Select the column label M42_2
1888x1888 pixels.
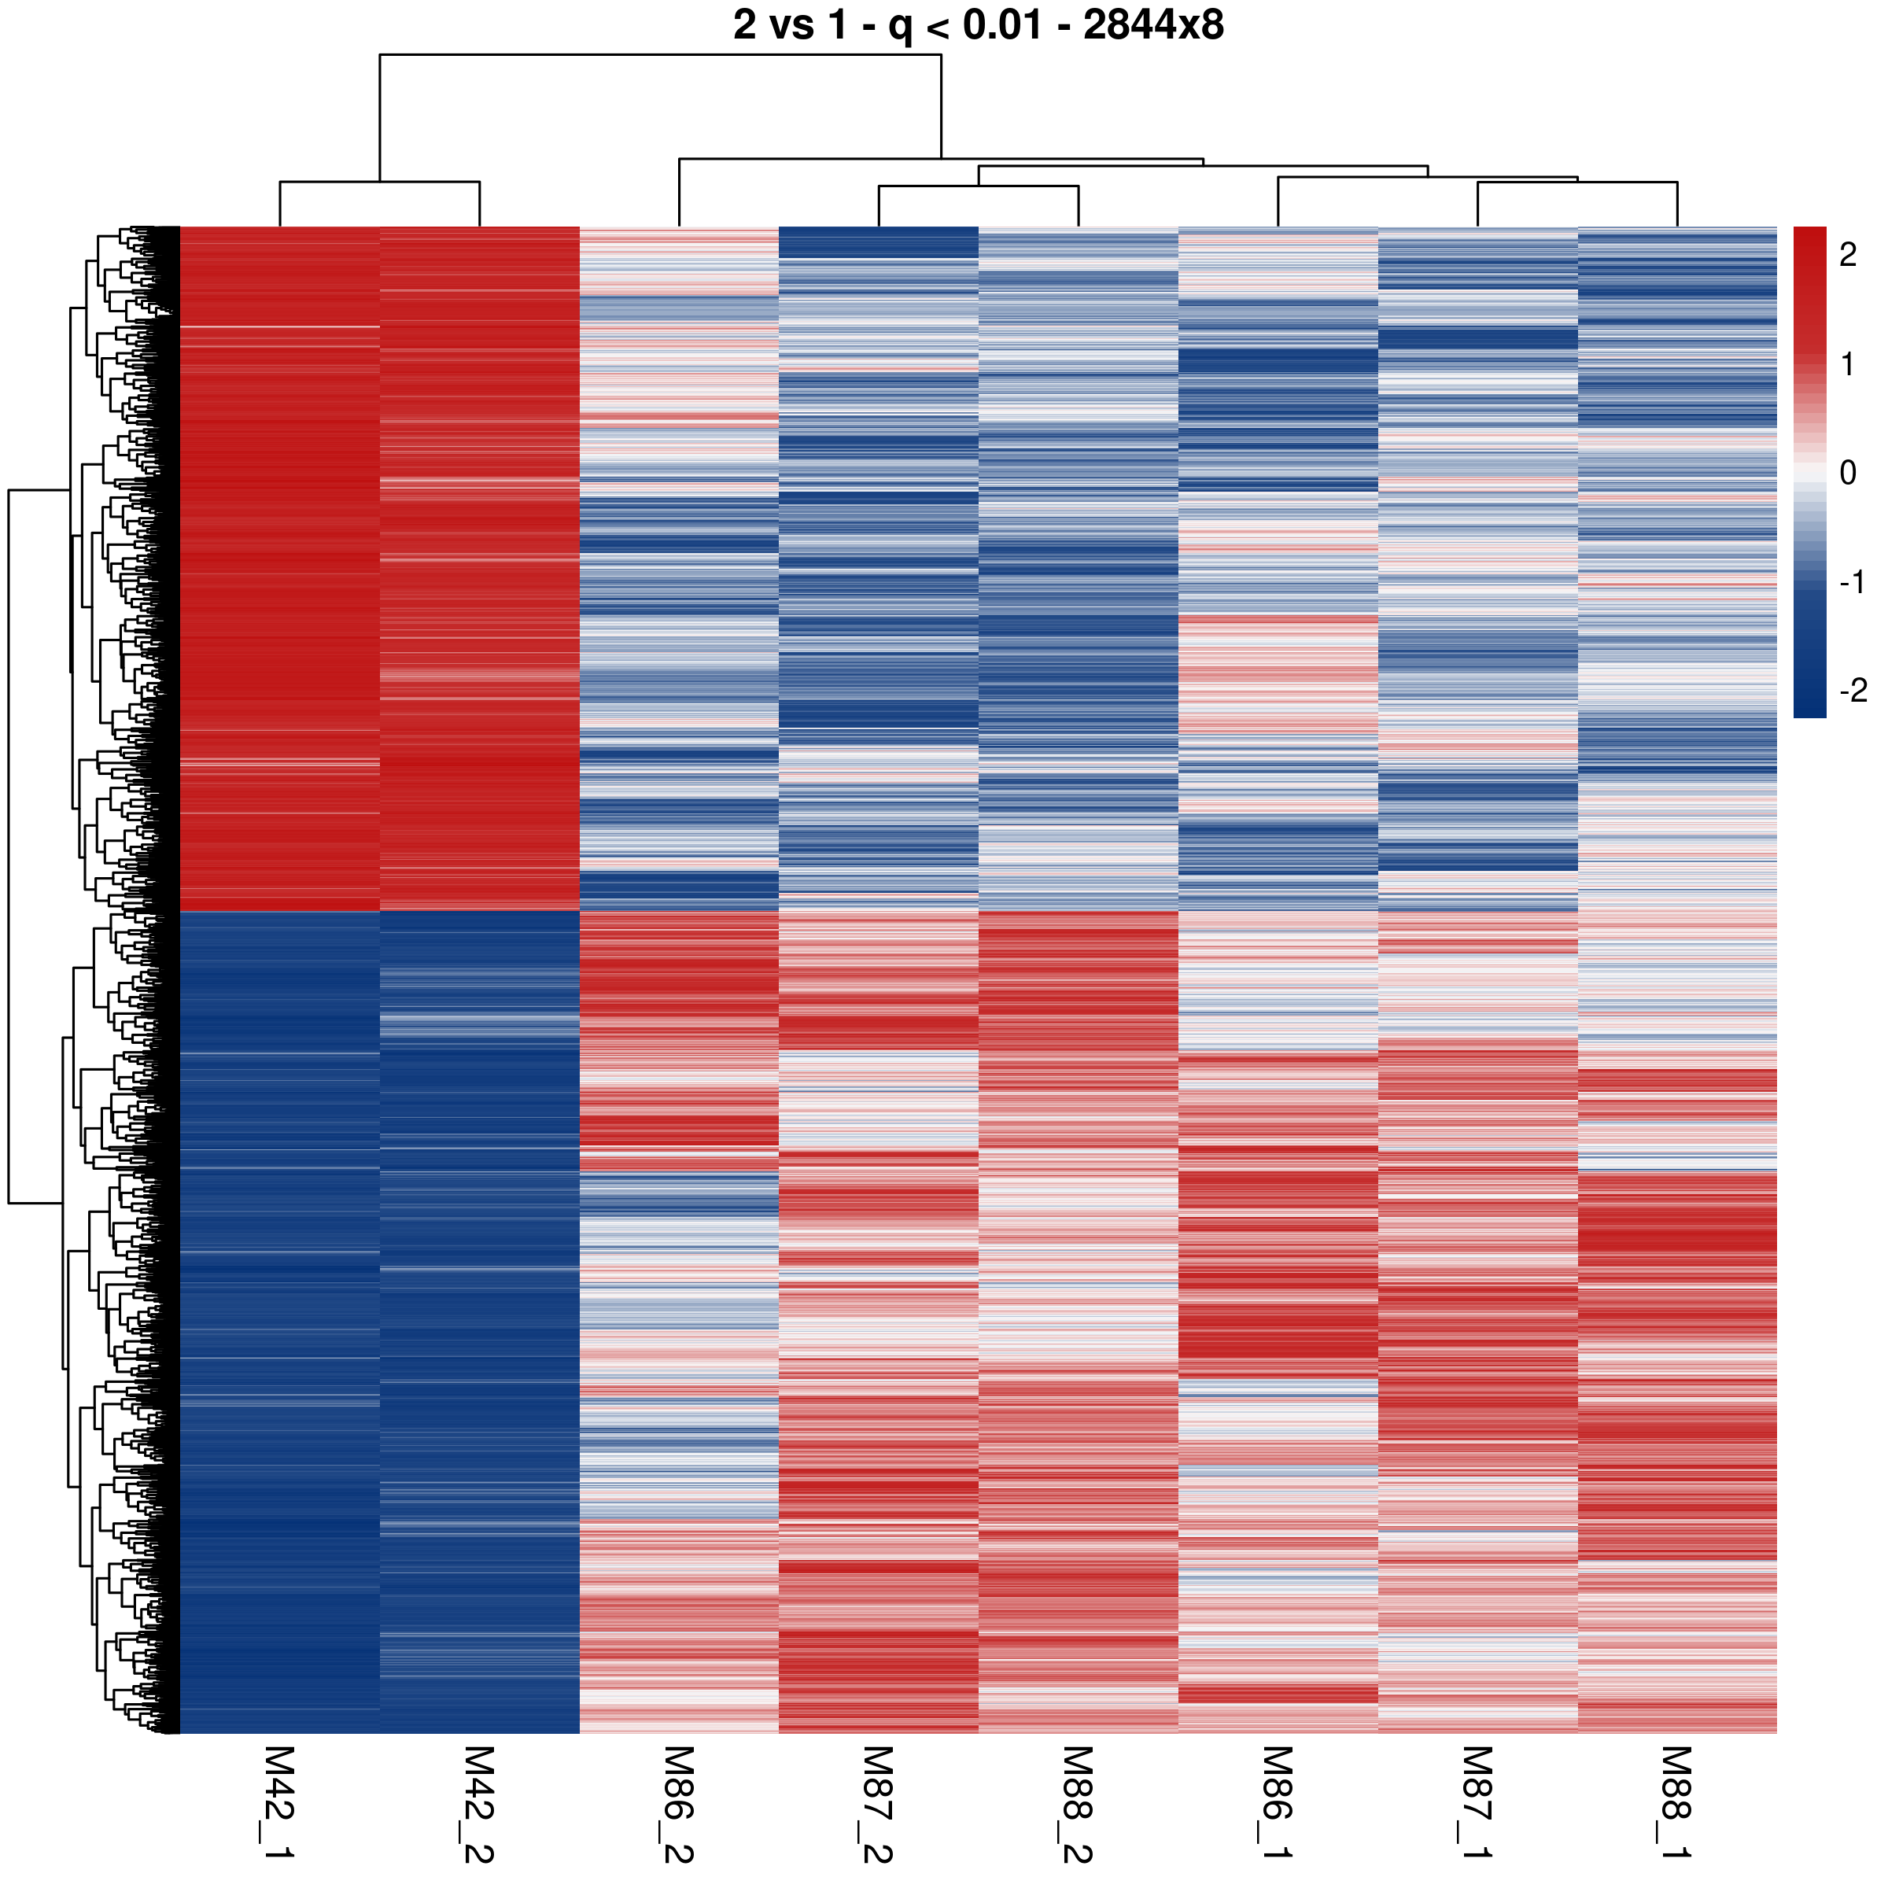tap(479, 1804)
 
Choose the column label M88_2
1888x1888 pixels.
tap(1078, 1804)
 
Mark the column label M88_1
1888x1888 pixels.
tap(1677, 1804)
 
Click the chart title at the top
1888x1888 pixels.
tap(977, 25)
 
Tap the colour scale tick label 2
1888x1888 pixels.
tap(1848, 255)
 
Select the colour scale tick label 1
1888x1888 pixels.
tap(1848, 364)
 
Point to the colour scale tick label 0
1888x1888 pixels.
tap(1848, 473)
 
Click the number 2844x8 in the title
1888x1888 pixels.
tap(1153, 25)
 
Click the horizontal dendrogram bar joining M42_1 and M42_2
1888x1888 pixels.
tap(379, 182)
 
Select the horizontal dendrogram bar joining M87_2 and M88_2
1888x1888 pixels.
tap(978, 186)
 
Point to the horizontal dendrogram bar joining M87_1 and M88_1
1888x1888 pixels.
tap(1577, 183)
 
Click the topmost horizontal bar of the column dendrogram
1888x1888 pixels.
tap(661, 55)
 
